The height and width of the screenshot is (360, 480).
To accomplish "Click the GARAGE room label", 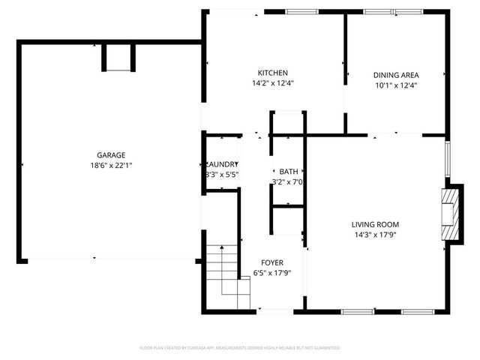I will click(x=109, y=154).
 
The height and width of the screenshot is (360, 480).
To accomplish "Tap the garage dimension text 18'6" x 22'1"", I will click(x=109, y=165).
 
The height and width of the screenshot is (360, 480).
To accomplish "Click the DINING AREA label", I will click(x=395, y=75).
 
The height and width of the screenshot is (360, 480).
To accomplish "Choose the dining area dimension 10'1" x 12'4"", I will click(x=395, y=85).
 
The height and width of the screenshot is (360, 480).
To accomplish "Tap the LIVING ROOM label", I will click(x=375, y=224).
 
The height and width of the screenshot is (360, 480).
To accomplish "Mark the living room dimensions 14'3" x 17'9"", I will click(x=375, y=235).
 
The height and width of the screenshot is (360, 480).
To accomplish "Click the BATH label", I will click(x=288, y=172).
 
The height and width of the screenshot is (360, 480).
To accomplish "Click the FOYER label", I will click(x=271, y=262).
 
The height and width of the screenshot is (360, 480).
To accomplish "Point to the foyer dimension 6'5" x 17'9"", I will click(x=271, y=273).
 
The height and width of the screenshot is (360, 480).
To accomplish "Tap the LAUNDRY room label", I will click(x=222, y=164).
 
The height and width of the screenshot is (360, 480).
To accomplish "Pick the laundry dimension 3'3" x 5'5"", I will click(x=222, y=175).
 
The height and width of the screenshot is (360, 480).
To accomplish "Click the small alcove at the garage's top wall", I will click(x=118, y=58).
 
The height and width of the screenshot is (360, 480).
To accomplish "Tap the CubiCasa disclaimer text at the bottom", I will click(x=240, y=348).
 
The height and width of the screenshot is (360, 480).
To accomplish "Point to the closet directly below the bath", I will click(x=286, y=224).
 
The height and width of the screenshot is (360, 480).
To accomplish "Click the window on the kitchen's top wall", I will click(x=302, y=12).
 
